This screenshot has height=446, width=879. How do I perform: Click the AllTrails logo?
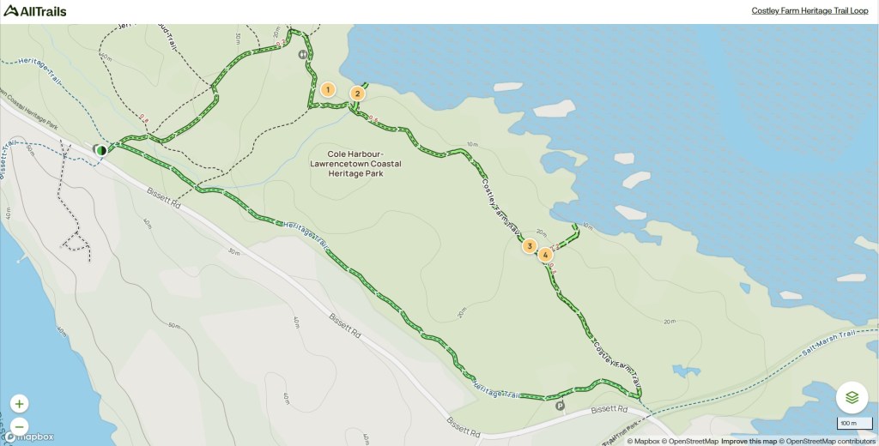34,10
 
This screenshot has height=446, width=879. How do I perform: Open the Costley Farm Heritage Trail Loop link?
809,11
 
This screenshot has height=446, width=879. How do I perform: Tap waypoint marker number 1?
327,89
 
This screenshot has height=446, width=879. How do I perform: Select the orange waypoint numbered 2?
357,93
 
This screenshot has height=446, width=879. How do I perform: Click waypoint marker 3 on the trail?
530,246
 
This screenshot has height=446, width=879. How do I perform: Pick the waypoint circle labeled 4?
545,254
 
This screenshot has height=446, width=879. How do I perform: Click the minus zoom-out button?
20,426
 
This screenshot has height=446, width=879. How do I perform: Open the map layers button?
852,397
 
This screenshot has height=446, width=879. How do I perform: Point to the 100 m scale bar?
848,424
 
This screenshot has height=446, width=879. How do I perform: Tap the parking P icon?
561,406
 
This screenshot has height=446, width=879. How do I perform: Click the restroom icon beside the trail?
303,54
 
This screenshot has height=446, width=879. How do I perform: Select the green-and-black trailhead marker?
100,150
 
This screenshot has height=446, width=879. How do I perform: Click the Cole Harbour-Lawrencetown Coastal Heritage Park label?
358,163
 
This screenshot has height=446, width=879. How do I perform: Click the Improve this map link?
748,441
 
